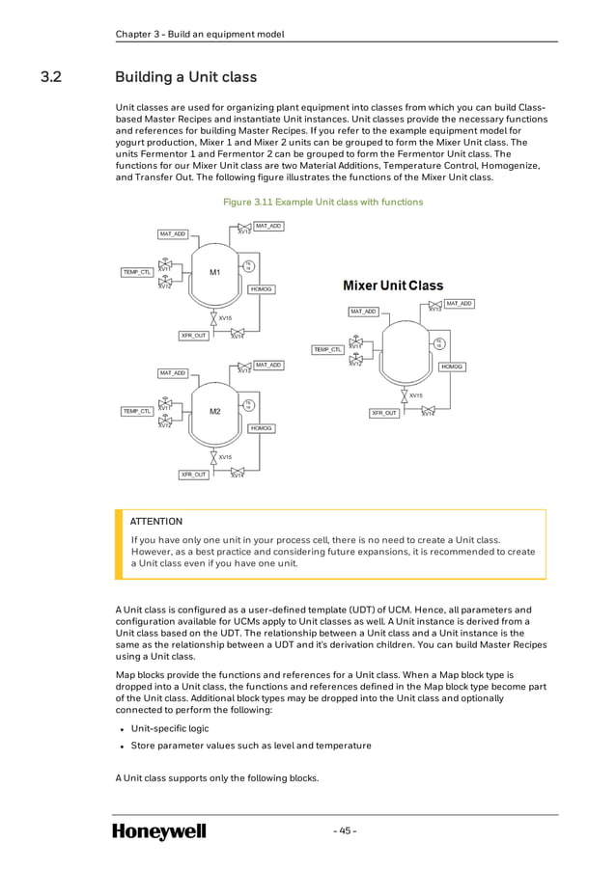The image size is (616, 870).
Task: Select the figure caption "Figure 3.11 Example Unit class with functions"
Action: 322,202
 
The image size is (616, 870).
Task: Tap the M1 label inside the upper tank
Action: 215,272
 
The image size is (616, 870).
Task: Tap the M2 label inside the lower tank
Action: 215,411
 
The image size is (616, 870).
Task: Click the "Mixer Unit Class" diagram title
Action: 393,285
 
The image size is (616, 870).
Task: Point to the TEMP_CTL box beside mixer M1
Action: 136,272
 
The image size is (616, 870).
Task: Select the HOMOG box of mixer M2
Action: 261,428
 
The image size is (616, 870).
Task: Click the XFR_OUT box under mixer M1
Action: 193,336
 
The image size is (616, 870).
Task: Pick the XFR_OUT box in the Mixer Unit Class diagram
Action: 385,413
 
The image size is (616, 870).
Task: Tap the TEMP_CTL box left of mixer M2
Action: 136,411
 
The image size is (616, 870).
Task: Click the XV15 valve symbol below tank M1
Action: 213,316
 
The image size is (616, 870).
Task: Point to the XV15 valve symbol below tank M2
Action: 213,455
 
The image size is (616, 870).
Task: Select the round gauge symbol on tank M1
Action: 248,266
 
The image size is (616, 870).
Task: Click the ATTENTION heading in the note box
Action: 156,522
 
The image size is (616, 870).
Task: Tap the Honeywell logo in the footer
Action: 159,831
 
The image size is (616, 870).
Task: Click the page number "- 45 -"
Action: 345,830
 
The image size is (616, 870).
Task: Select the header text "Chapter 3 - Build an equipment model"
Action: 200,35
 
